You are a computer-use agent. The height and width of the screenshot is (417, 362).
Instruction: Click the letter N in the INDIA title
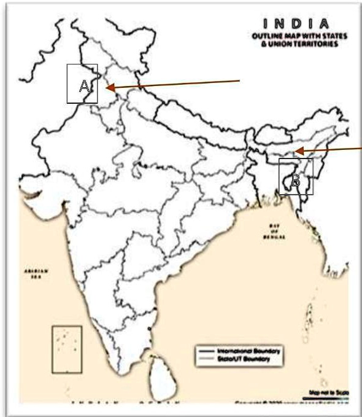[x=282, y=24]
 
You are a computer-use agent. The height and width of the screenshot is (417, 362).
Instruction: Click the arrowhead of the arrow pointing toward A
[x=110, y=88]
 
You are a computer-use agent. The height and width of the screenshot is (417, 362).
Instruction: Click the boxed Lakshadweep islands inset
[x=67, y=348]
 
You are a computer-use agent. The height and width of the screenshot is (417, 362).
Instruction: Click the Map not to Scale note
[x=329, y=391]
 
